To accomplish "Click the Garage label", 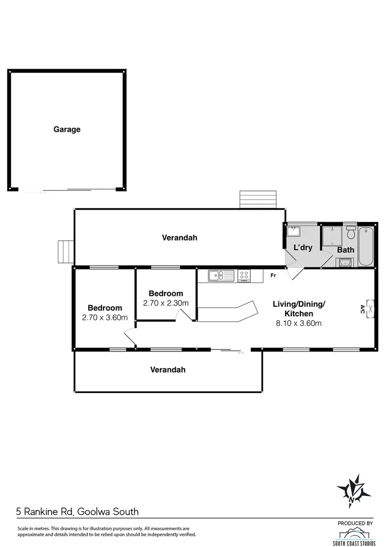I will pyautogui.click(x=67, y=130).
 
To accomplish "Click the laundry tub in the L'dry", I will pyautogui.click(x=293, y=232).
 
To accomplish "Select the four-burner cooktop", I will pyautogui.click(x=244, y=276).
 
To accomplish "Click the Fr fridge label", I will pyautogui.click(x=272, y=276).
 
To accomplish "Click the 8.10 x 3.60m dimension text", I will pyautogui.click(x=299, y=323).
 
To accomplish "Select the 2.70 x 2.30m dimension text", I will pyautogui.click(x=166, y=303).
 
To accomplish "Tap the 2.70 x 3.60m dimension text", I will pyautogui.click(x=104, y=318).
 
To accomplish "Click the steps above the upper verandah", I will pyautogui.click(x=258, y=199).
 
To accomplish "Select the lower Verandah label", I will pyautogui.click(x=168, y=370).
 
